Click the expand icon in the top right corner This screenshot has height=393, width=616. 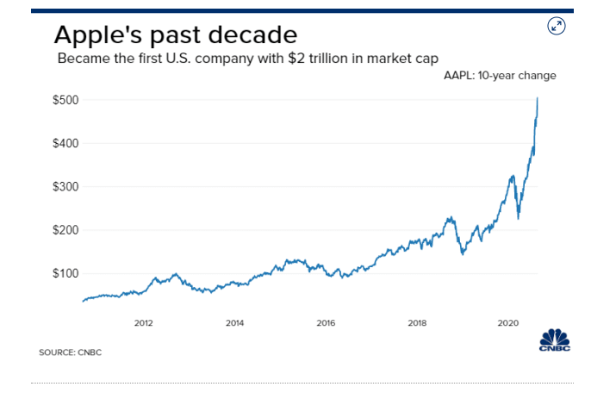(557, 26)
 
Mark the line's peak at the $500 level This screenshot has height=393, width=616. (538, 98)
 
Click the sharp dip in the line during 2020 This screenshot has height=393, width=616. (518, 218)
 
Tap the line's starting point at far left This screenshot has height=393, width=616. (83, 301)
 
